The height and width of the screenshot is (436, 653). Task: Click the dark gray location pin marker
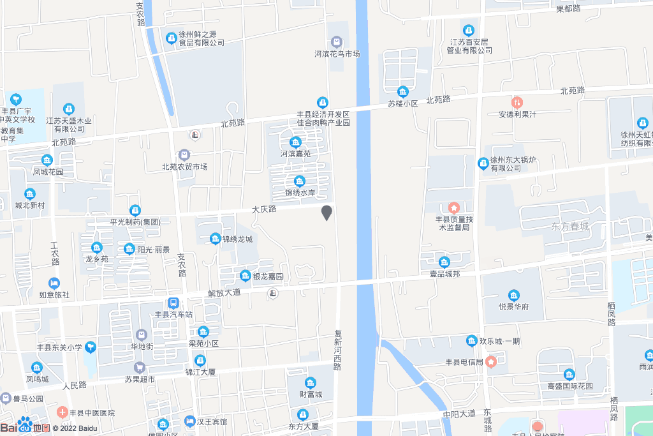coord(326,213)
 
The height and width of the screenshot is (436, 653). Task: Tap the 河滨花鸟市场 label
coord(337,54)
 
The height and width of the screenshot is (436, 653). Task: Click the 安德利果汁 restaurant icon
coord(517,102)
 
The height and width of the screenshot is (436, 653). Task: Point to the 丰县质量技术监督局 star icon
coord(453,207)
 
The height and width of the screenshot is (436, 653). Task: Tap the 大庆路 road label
coord(263,209)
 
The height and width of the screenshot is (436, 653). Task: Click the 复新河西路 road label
coord(337,350)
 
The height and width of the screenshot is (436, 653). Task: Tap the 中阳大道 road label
coord(459,414)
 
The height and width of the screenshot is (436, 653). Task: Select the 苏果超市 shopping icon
coord(139,368)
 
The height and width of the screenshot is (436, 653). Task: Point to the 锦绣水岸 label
coord(300,192)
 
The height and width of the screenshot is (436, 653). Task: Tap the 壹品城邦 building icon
coord(444,261)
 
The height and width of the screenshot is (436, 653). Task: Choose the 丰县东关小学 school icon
coord(91,347)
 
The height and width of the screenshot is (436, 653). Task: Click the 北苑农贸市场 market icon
coord(184,155)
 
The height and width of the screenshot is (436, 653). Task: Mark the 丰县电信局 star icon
coord(491,362)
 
